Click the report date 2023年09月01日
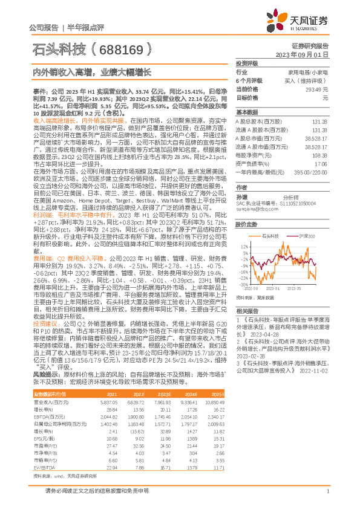(x=302, y=54)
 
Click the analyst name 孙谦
(x=241, y=197)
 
